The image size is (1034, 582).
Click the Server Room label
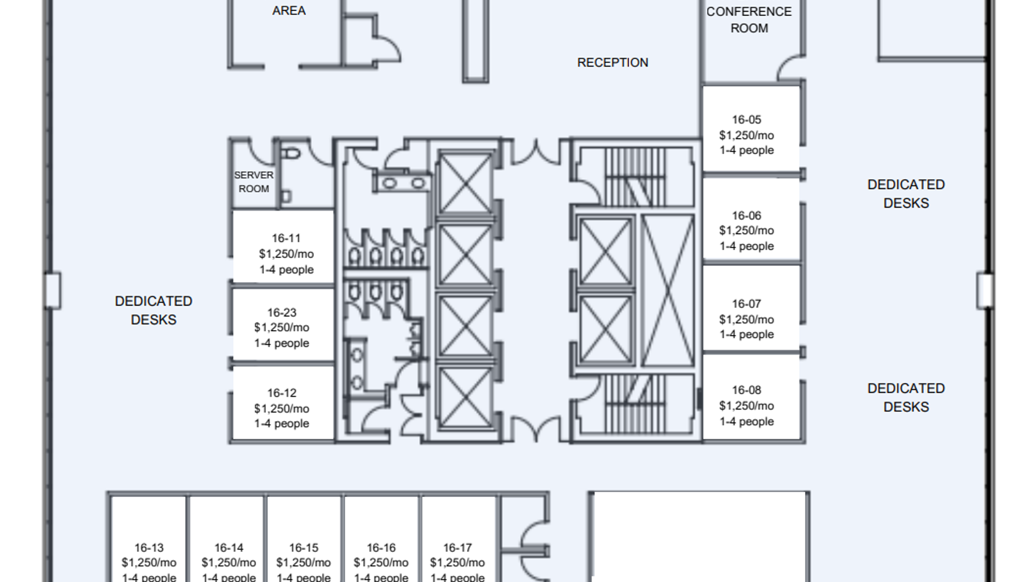(254, 182)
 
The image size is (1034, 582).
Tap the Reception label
(612, 63)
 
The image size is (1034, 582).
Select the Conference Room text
(749, 20)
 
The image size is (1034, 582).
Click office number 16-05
(747, 119)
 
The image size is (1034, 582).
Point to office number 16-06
(747, 216)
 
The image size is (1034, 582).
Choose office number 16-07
(747, 304)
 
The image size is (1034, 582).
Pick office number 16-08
(747, 390)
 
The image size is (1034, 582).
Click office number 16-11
(286, 238)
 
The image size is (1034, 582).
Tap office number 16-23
(282, 313)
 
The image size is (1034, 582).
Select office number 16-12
(282, 393)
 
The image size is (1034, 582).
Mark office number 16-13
(149, 548)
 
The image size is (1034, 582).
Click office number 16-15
(304, 548)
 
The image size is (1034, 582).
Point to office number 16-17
(457, 548)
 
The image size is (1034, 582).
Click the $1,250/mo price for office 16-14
(228, 563)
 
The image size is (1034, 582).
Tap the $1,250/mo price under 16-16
(381, 563)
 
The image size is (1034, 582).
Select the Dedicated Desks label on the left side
(154, 310)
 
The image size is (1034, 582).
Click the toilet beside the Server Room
(291, 153)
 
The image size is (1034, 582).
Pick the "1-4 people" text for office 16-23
(282, 343)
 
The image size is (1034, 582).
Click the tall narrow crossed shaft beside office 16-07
(667, 291)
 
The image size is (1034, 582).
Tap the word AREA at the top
(289, 10)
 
